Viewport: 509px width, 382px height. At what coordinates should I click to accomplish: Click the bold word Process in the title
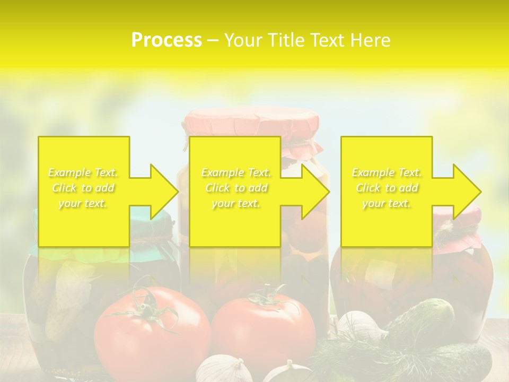[166, 40]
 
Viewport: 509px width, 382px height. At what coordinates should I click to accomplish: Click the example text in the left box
[83, 188]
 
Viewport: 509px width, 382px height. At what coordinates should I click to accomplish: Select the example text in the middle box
[236, 188]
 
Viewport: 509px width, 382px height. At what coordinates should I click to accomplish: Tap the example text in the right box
[387, 188]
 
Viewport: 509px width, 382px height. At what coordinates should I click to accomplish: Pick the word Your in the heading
[243, 40]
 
